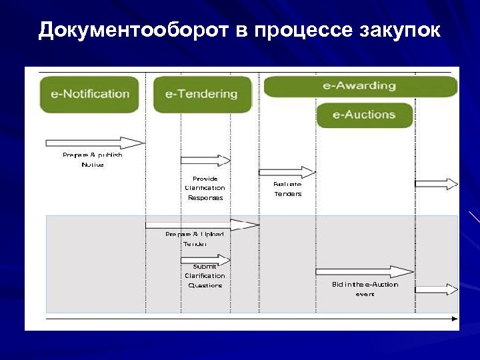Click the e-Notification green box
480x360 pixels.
coord(89,94)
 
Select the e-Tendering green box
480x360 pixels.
coord(202,94)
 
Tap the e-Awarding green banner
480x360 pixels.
coord(360,86)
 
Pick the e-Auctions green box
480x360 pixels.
coord(364,115)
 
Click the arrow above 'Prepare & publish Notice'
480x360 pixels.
coord(95,143)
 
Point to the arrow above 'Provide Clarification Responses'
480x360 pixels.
coord(205,160)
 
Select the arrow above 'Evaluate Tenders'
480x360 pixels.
coord(287,172)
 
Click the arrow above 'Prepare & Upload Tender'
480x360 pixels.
coord(201,225)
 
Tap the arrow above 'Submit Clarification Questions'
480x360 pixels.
coord(205,259)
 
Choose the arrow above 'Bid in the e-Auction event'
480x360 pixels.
coord(365,271)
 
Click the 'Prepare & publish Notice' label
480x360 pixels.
coord(93,159)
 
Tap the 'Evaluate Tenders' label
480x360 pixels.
coord(287,189)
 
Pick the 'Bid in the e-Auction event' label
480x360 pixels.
coord(365,289)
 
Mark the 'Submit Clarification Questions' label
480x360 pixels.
coord(205,276)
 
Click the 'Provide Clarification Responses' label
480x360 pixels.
coord(205,188)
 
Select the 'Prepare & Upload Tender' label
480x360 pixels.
coord(195,239)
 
